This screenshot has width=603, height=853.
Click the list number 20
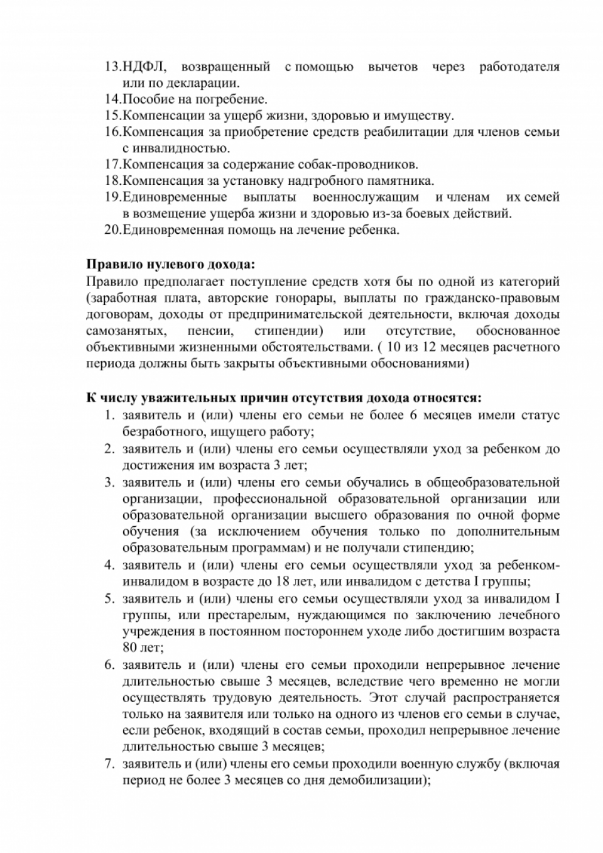pyautogui.click(x=112, y=230)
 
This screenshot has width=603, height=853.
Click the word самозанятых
pyautogui.click(x=126, y=331)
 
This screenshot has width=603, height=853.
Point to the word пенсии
pyautogui.click(x=210, y=331)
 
